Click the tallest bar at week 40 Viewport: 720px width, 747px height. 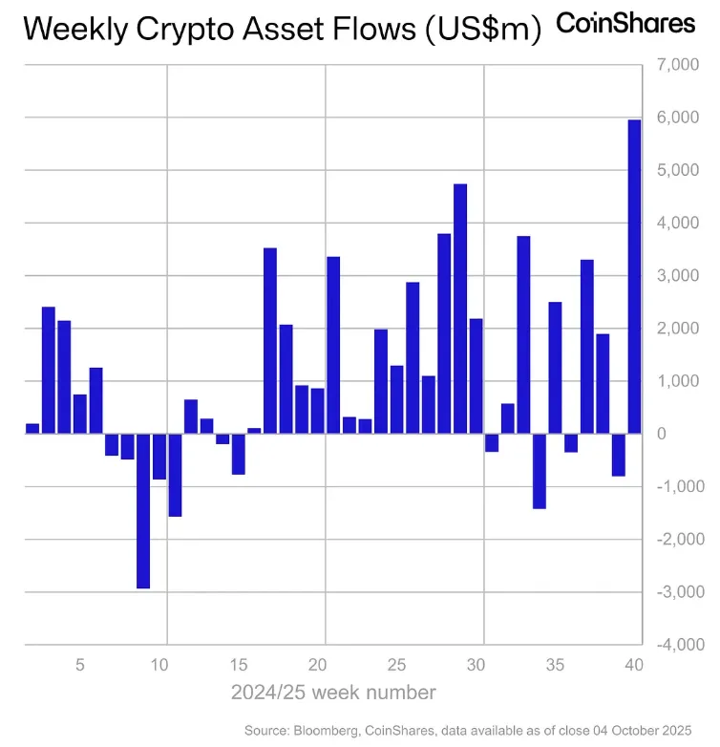[634, 277]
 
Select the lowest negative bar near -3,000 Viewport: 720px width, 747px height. [143, 511]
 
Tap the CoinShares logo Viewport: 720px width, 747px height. [625, 24]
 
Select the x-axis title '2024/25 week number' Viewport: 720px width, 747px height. [333, 693]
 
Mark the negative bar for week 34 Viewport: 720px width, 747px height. [540, 471]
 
